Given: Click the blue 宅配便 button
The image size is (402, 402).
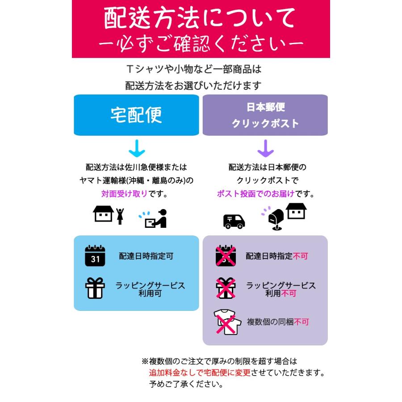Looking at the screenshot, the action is click(136, 115).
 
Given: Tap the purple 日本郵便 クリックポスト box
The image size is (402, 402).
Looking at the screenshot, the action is click(265, 115).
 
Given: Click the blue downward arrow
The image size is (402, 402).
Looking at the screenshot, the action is click(136, 148).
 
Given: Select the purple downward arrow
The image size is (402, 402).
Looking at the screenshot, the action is click(265, 148).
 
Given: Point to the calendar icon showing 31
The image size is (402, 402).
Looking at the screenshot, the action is click(95, 256).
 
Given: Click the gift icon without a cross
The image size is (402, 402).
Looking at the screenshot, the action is click(95, 288).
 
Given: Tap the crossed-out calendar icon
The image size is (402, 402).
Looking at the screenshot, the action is click(226, 256).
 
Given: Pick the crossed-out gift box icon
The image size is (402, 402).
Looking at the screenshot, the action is click(226, 288).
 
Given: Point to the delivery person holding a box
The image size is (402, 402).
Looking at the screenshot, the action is click(156, 218).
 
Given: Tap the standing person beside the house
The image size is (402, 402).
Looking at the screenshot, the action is click(120, 216).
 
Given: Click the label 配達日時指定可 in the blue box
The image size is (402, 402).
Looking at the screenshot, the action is click(146, 256).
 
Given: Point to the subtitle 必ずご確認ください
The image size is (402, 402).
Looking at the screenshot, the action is click(201, 44).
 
